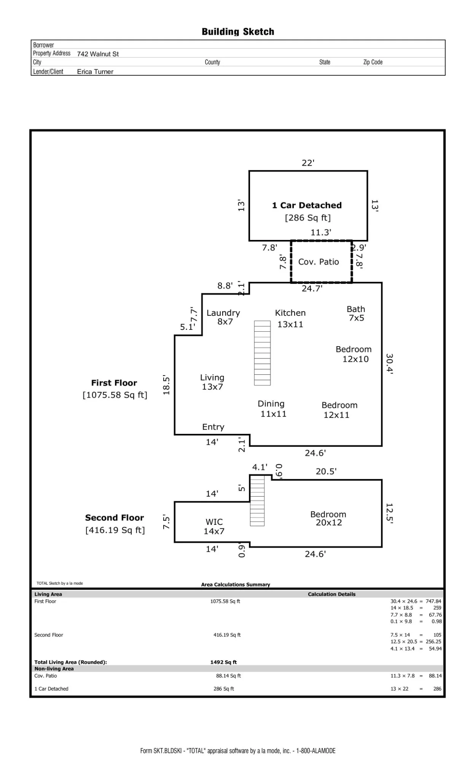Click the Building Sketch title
238,32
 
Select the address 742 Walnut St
98,54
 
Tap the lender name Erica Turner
95,72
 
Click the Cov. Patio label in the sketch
319,262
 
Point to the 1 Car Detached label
307,205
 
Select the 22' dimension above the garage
308,163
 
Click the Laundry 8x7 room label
223,317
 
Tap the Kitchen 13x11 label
290,318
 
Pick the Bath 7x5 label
356,313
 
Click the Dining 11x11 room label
272,409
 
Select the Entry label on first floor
213,427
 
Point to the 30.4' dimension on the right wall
389,364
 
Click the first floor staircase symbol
262,353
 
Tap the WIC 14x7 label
214,526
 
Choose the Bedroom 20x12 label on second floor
328,518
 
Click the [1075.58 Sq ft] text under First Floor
115,395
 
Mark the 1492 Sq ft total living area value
223,662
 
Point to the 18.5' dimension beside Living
166,385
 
